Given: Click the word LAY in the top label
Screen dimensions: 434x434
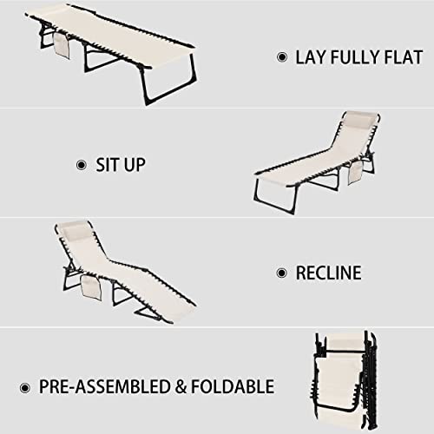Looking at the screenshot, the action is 310,57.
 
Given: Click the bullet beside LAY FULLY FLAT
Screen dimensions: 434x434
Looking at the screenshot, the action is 282,57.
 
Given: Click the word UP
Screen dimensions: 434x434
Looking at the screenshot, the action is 135,165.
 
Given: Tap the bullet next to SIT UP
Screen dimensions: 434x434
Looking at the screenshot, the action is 82,165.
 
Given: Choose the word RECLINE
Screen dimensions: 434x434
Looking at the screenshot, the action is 328,273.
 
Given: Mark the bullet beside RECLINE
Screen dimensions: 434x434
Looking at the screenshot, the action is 282,273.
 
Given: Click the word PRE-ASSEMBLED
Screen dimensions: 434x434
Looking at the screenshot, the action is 104,386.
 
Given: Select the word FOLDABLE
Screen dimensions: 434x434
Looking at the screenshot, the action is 233,386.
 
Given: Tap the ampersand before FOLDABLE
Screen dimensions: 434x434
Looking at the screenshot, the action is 181,387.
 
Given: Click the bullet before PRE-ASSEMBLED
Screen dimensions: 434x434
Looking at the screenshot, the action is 25,388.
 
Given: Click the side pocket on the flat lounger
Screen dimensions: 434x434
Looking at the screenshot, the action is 62,45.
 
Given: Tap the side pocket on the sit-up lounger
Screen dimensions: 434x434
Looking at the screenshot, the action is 355,172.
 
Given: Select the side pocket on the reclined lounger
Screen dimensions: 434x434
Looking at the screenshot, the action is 91,287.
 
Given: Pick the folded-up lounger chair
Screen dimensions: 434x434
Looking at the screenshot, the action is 345,379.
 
